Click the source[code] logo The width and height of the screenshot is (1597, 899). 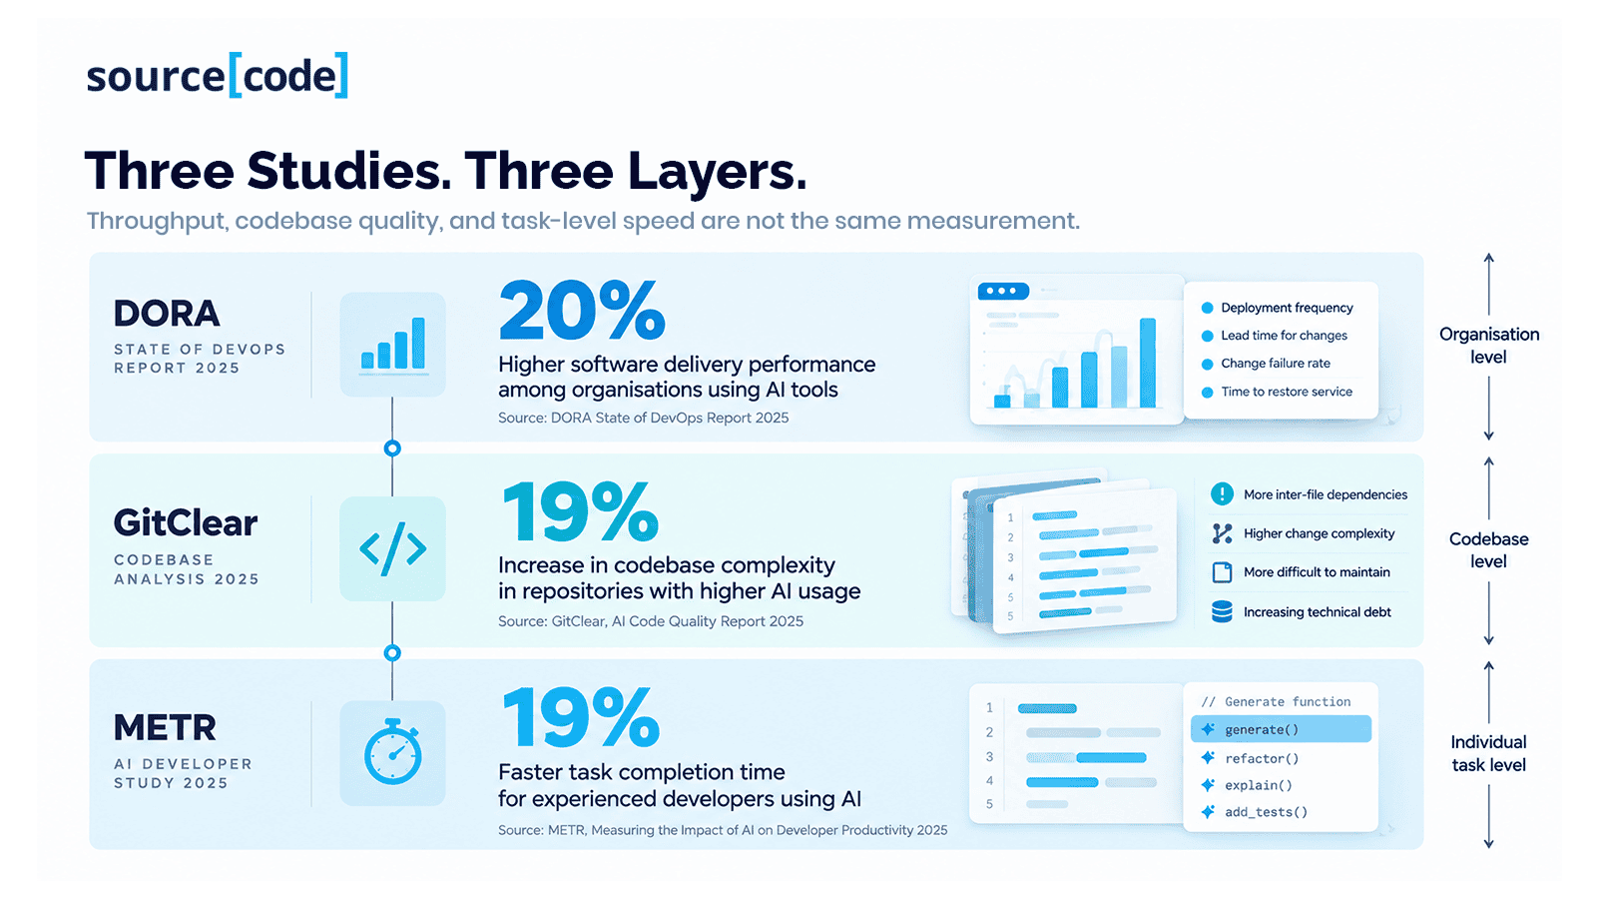(217, 75)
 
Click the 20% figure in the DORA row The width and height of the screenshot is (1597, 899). (582, 311)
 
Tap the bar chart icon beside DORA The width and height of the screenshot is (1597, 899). (393, 344)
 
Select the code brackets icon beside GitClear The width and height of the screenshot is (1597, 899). (393, 548)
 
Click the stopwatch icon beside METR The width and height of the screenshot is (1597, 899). (393, 753)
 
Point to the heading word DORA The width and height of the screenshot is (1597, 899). (167, 314)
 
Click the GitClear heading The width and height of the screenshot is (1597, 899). (186, 523)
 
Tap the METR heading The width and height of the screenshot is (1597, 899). (165, 728)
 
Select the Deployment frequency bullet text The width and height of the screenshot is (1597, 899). (1287, 308)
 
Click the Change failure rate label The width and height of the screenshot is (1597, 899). (1276, 364)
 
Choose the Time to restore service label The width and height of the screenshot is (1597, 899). (1287, 392)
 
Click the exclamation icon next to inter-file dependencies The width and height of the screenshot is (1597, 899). (1222, 493)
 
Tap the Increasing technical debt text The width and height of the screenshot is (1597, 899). (1317, 612)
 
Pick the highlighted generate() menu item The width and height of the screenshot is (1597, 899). (1282, 729)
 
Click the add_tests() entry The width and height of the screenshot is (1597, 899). (1267, 812)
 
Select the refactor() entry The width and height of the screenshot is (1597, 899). (1262, 758)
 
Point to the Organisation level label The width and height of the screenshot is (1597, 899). (1488, 346)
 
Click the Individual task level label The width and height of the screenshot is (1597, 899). (1488, 753)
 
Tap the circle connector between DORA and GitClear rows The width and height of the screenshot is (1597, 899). (392, 449)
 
